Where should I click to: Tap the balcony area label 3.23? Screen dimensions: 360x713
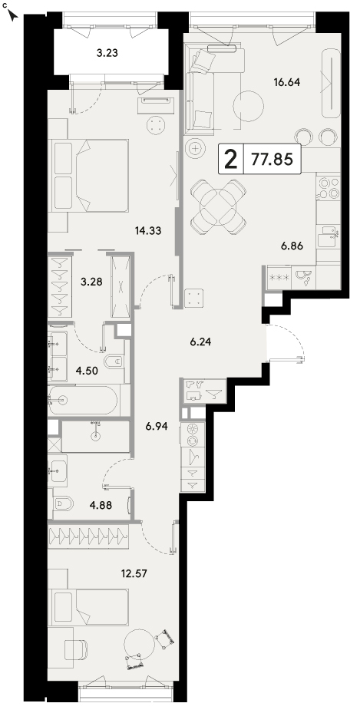tap(107, 53)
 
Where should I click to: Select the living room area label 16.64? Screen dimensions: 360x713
tap(287, 83)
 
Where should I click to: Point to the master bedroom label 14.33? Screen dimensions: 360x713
tap(148, 231)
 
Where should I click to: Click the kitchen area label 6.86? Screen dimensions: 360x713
tap(292, 246)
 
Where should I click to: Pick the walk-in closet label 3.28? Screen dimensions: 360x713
tap(91, 282)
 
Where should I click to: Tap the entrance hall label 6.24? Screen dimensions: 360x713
tap(200, 342)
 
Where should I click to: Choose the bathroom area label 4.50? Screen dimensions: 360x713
tap(86, 370)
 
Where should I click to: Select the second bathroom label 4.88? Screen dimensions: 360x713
tap(101, 504)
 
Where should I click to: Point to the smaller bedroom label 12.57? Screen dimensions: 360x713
tap(134, 573)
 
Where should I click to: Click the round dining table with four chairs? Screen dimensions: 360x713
tap(218, 207)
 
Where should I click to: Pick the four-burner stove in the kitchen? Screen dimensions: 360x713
tap(329, 188)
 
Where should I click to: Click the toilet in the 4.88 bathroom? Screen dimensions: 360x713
tap(64, 503)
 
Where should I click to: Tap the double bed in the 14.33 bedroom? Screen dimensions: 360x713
tap(91, 175)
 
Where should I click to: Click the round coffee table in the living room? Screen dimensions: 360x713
tap(248, 106)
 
